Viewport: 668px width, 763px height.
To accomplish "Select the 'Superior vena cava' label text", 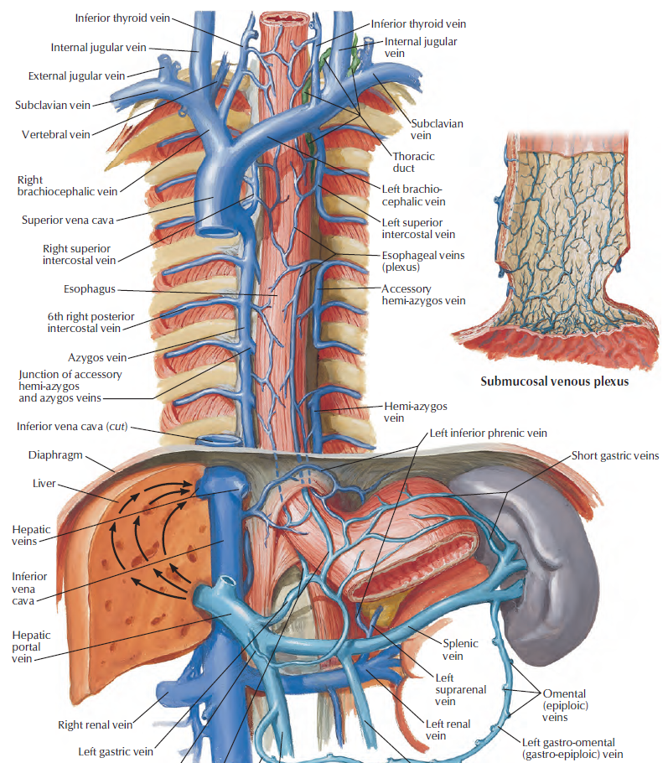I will pos(69,221).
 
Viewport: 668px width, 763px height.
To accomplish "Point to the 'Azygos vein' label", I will pos(97,357).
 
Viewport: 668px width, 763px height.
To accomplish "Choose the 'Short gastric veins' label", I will pos(615,456).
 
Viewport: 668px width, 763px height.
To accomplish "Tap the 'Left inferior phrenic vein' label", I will pos(487,433).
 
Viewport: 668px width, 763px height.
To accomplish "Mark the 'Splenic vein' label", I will pos(459,650).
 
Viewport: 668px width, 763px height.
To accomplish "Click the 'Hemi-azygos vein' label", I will pos(415,412).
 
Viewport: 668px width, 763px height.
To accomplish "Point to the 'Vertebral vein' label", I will pos(55,134).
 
